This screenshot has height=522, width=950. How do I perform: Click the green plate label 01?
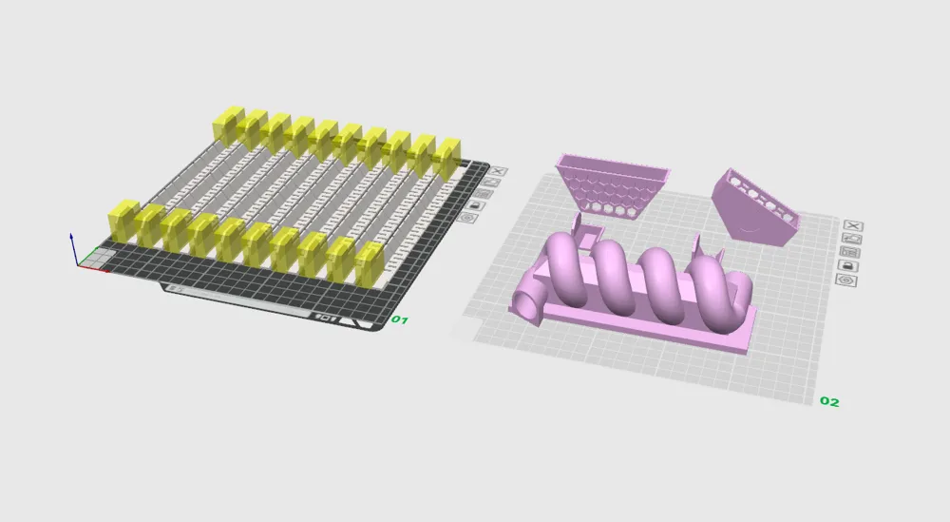(x=399, y=319)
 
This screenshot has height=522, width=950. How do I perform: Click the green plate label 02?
(x=829, y=401)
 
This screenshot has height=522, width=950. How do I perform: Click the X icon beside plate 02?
(x=853, y=225)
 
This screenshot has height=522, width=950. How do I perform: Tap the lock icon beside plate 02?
(x=847, y=265)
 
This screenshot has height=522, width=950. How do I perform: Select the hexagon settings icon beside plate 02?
(x=845, y=280)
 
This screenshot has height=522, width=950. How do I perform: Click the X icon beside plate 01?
(x=498, y=171)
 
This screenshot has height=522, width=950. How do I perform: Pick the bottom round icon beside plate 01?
(x=466, y=217)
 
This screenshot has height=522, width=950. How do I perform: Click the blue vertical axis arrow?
(x=73, y=248)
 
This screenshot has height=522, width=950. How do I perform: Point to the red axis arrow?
(x=94, y=268)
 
